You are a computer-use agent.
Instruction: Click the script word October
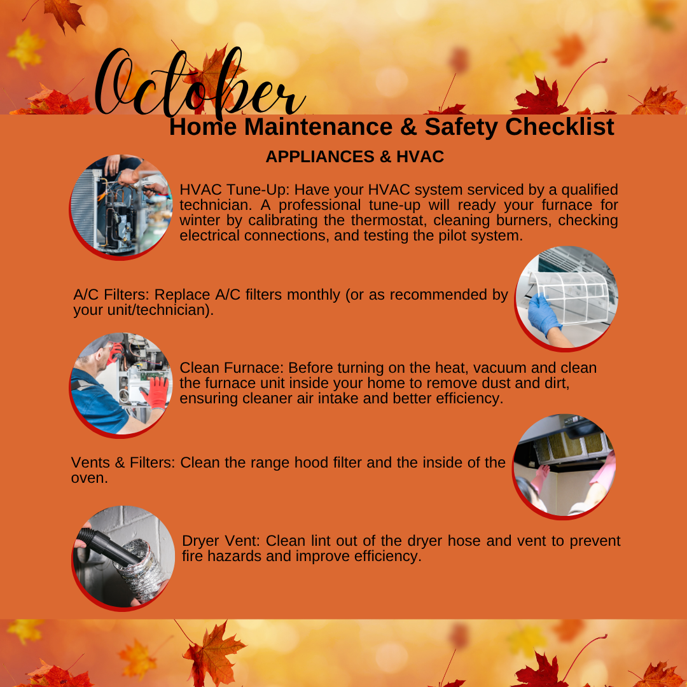click(x=199, y=83)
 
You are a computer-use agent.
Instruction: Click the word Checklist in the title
click(x=560, y=127)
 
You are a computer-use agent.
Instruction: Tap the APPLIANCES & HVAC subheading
click(x=354, y=156)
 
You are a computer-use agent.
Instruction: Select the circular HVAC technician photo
click(x=121, y=206)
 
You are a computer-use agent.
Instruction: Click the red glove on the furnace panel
click(x=155, y=392)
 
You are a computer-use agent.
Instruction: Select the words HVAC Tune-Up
click(x=234, y=190)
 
